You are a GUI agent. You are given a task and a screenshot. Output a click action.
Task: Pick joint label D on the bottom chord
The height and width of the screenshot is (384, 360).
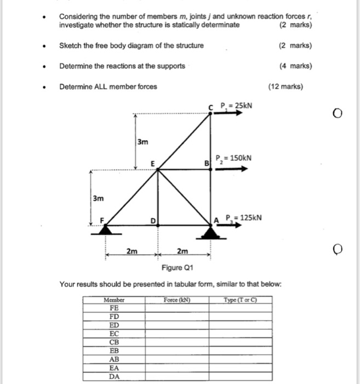[x=155, y=221]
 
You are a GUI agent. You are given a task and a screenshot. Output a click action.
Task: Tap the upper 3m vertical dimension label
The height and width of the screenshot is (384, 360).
[x=142, y=142]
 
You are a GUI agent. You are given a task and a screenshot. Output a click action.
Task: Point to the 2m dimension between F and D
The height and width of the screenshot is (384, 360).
[x=132, y=251]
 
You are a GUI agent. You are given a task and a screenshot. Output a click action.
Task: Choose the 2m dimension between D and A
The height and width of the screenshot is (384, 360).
[x=183, y=251]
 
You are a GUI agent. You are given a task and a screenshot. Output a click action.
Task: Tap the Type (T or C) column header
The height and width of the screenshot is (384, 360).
[x=241, y=300]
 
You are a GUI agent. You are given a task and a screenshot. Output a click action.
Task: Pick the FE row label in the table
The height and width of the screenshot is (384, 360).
[x=114, y=308]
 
